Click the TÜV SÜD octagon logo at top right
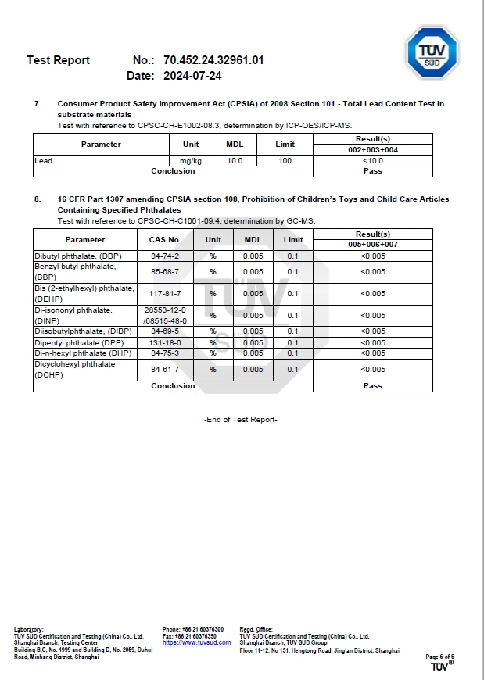pos(432,52)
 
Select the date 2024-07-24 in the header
pos(192,76)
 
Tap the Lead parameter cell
pos(44,160)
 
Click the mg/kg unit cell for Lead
pos(191,160)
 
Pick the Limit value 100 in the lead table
pos(285,160)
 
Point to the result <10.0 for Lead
pos(372,160)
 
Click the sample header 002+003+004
pos(372,149)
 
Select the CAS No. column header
pos(165,240)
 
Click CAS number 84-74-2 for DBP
pos(165,256)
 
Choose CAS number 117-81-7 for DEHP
pos(165,293)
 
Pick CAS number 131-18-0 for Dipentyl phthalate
pos(165,342)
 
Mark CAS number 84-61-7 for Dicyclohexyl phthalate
pos(165,369)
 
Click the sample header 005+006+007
pos(372,244)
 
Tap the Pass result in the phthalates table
pos(372,385)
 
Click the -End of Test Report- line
pos(241,420)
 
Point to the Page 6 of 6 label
pos(439,657)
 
